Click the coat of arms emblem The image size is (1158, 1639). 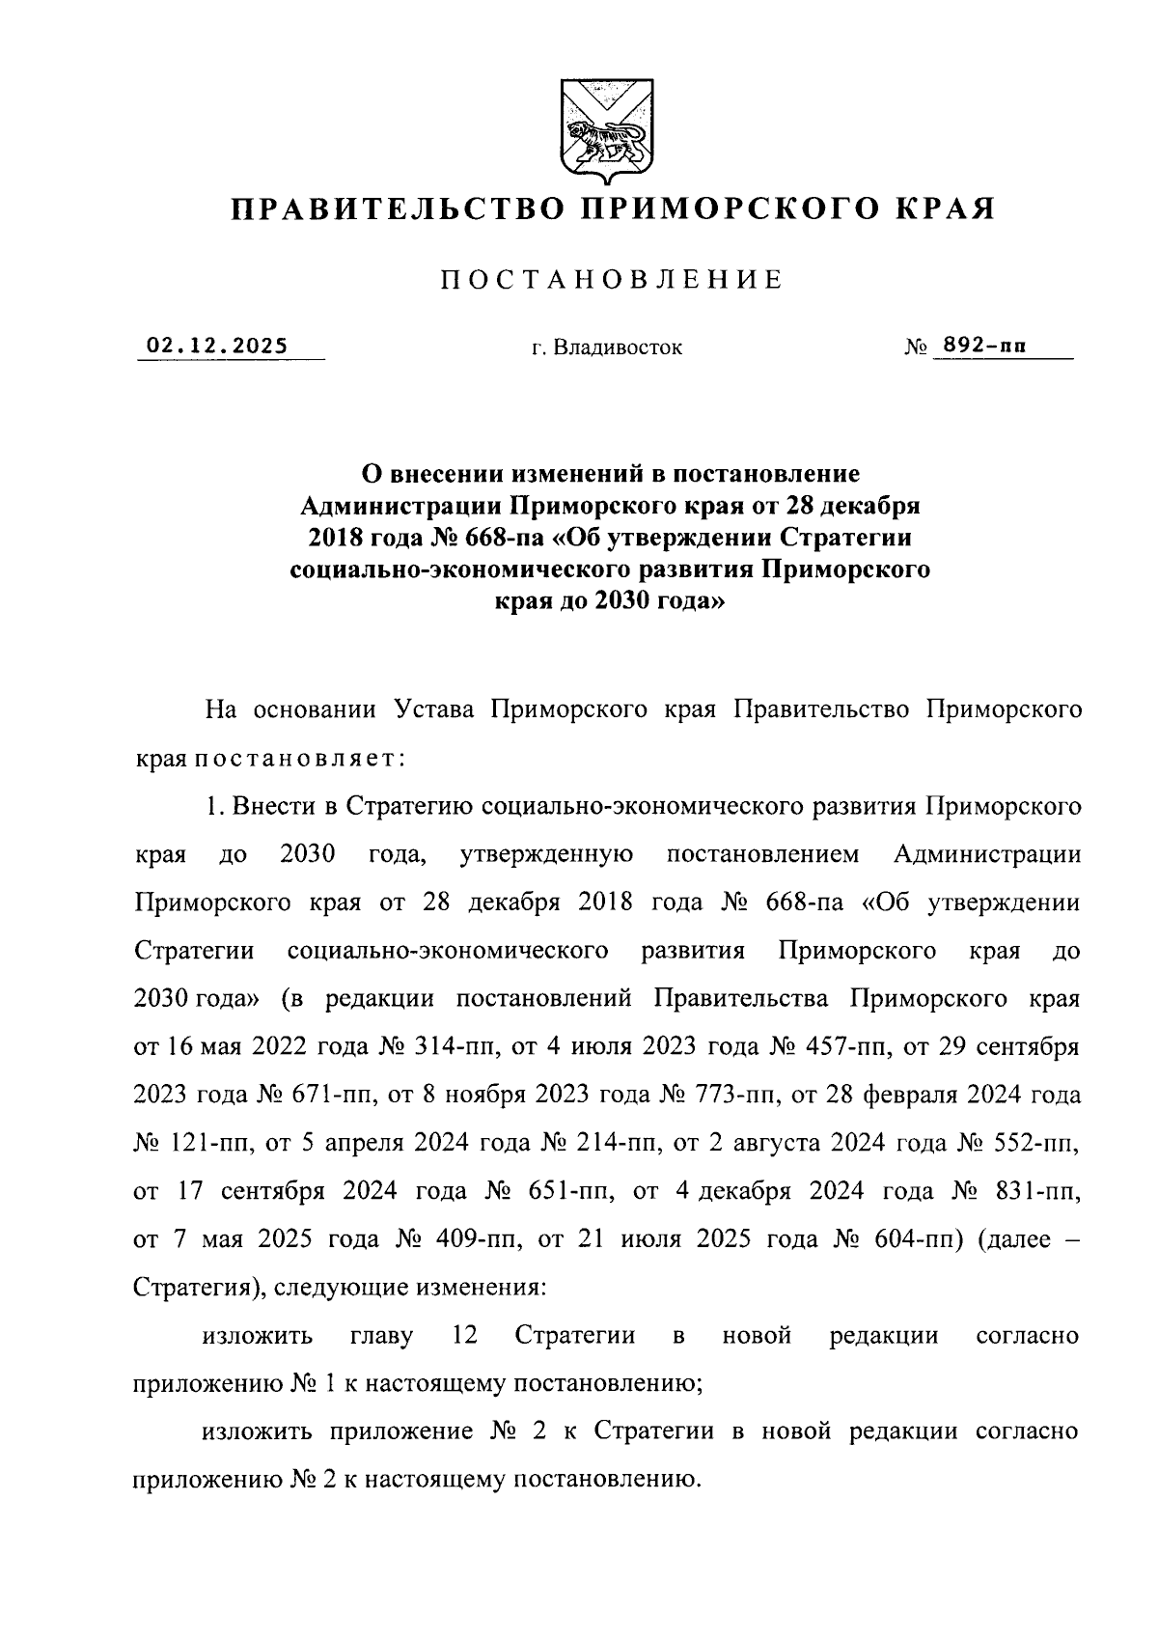pos(604,131)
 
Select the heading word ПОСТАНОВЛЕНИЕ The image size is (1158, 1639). pos(612,281)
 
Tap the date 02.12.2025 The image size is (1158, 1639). pos(217,346)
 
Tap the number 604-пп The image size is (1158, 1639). pos(918,1239)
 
